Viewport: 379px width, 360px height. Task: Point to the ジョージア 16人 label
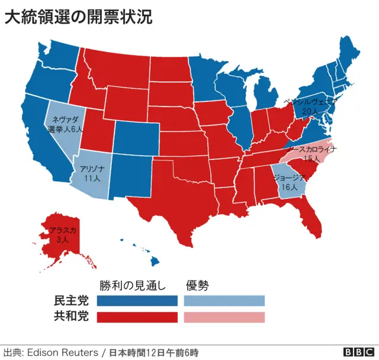[x=290, y=182]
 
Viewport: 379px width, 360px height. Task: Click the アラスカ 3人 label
[x=63, y=235]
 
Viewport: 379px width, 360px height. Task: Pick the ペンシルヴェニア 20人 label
[x=310, y=105]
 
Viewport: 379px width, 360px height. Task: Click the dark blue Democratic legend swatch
[x=137, y=301]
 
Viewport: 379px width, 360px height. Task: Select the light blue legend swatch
[x=224, y=301]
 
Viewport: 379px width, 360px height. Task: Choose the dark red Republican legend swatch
[x=137, y=317]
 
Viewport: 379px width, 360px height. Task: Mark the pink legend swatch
[x=224, y=317]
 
